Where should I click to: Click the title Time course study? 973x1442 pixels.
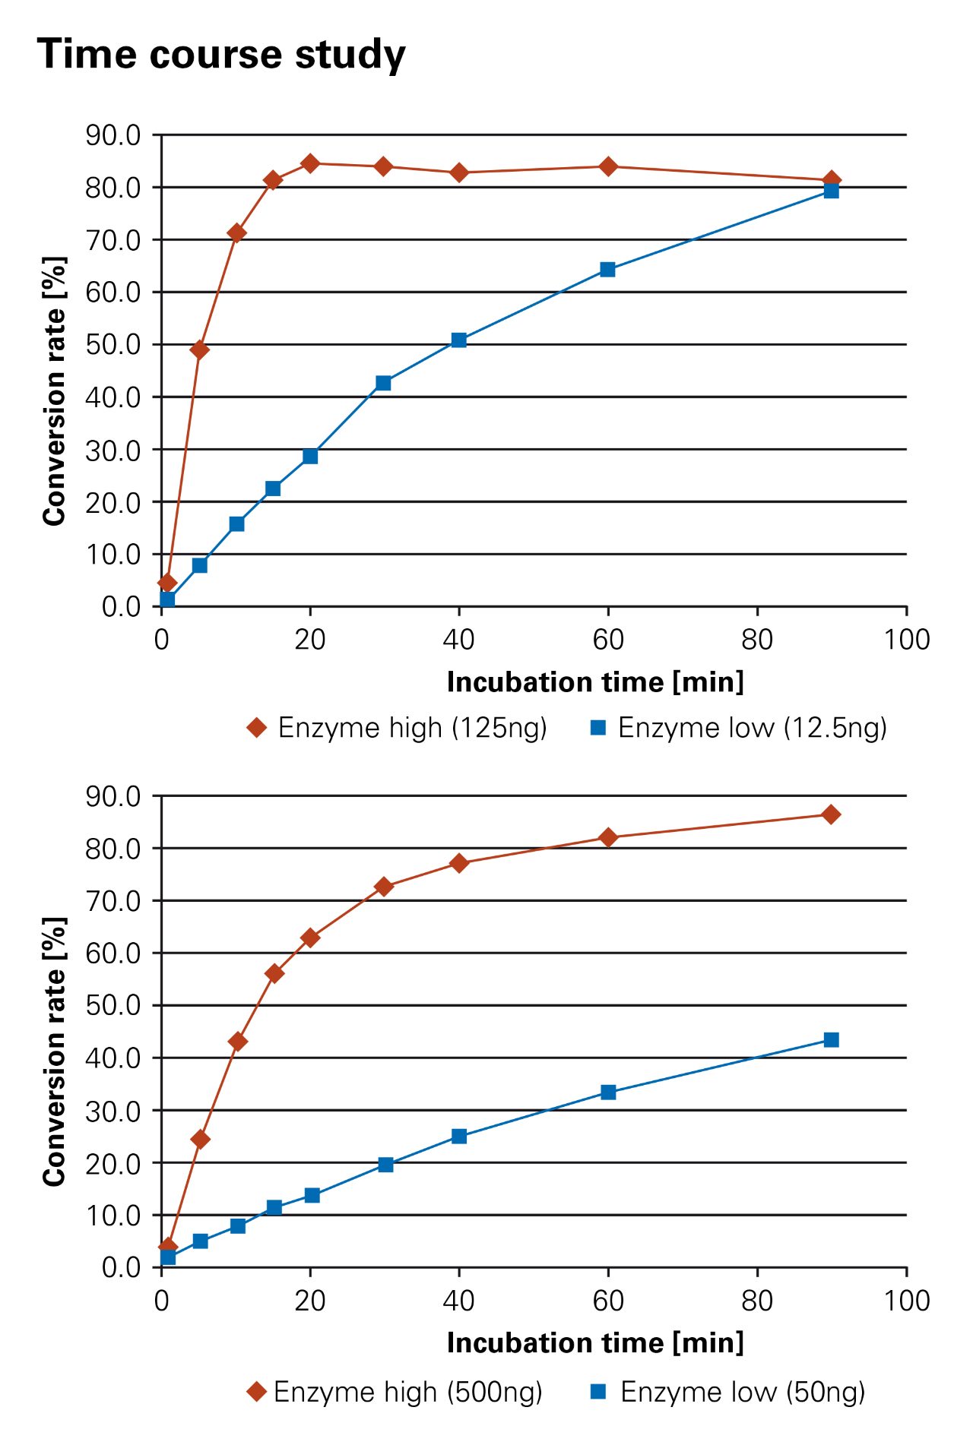(x=221, y=55)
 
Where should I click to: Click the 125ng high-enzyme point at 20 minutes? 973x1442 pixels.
(x=310, y=163)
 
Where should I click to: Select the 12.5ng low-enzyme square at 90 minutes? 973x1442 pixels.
(x=831, y=191)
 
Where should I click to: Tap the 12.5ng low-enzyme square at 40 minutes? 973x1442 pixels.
(x=458, y=340)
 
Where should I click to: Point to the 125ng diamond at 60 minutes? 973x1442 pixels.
(x=608, y=166)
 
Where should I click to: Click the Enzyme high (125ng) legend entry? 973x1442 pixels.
(x=397, y=728)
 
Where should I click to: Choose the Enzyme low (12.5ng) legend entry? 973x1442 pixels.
(x=738, y=728)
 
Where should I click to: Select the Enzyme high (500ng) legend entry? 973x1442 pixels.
(x=395, y=1392)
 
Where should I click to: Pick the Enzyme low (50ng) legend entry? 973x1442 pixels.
(x=728, y=1392)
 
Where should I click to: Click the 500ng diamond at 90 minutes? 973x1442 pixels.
(x=831, y=814)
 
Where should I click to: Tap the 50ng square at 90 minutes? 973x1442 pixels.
(x=831, y=1040)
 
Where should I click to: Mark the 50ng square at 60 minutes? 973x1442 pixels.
(x=608, y=1093)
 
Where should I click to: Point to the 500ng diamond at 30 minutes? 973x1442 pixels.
(x=384, y=887)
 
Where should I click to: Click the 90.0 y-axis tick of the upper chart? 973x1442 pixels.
(x=113, y=135)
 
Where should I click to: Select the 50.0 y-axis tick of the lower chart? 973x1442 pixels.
(x=113, y=1005)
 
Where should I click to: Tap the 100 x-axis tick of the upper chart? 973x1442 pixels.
(x=906, y=640)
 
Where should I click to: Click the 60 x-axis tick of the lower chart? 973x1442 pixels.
(x=608, y=1301)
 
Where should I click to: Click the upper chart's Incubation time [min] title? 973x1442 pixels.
(x=595, y=681)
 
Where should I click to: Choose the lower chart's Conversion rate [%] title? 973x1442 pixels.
(x=54, y=1052)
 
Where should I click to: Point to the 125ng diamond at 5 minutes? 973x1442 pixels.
(x=200, y=349)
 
